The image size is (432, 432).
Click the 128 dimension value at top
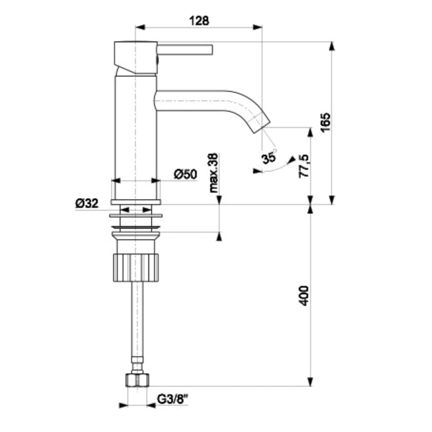[x=199, y=21]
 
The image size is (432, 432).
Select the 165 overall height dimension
[x=325, y=123]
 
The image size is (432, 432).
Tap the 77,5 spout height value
[x=304, y=166]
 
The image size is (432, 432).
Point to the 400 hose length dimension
[x=304, y=295]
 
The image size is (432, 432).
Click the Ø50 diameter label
[x=185, y=174]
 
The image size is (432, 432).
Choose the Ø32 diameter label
[x=87, y=203]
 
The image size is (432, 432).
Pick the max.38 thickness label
[x=214, y=173]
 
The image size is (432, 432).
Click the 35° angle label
[x=269, y=157]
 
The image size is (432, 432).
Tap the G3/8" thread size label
[x=172, y=399]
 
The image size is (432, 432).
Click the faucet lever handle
[x=185, y=50]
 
